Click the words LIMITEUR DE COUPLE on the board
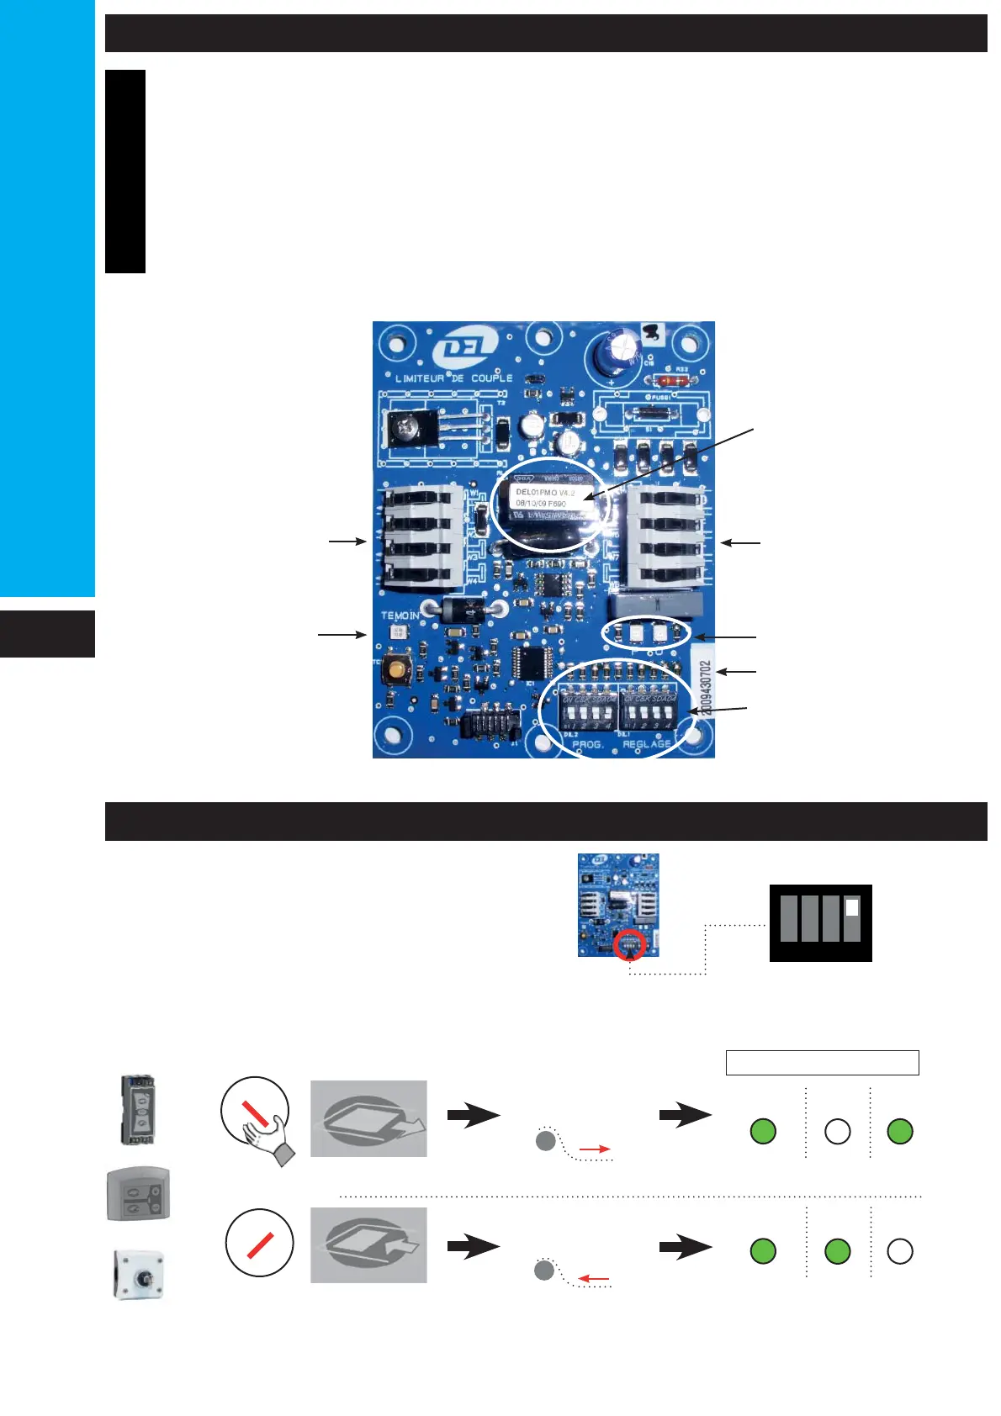(453, 378)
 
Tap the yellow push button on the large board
(394, 670)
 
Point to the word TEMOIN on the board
(400, 616)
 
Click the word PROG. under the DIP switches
(588, 744)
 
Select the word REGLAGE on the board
(647, 744)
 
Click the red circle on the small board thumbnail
(630, 945)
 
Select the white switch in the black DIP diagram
(852, 907)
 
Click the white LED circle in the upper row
(838, 1132)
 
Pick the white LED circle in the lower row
(900, 1251)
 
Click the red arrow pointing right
(595, 1149)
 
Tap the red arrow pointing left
(595, 1279)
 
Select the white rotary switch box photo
(138, 1275)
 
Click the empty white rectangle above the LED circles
(822, 1062)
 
